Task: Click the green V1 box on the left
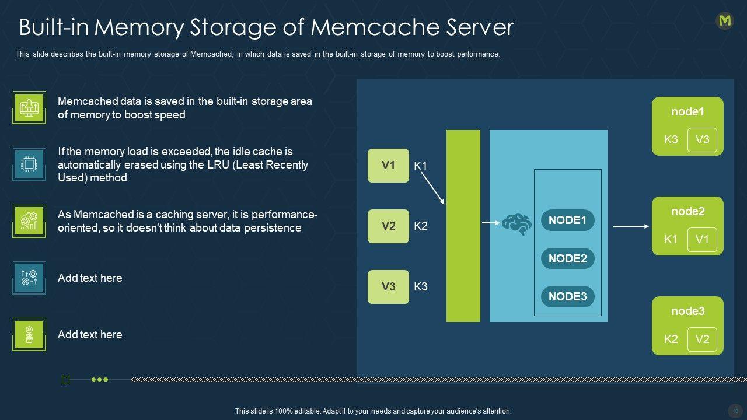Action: point(388,166)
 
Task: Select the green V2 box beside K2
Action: point(388,226)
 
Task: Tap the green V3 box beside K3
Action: point(388,286)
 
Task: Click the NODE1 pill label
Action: point(567,220)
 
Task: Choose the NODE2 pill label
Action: point(567,258)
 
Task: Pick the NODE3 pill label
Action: point(567,296)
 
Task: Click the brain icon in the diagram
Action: point(517,223)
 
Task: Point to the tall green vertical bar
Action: point(463,226)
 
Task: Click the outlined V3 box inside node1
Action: point(702,139)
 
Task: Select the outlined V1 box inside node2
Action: point(702,239)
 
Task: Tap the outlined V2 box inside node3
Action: point(702,339)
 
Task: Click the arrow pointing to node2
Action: point(630,226)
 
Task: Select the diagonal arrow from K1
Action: point(432,188)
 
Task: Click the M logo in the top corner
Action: point(725,21)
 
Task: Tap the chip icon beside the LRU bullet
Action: point(29,164)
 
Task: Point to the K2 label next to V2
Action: point(421,226)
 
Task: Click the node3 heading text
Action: point(687,311)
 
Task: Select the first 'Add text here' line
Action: point(90,278)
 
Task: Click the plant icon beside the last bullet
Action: point(29,335)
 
